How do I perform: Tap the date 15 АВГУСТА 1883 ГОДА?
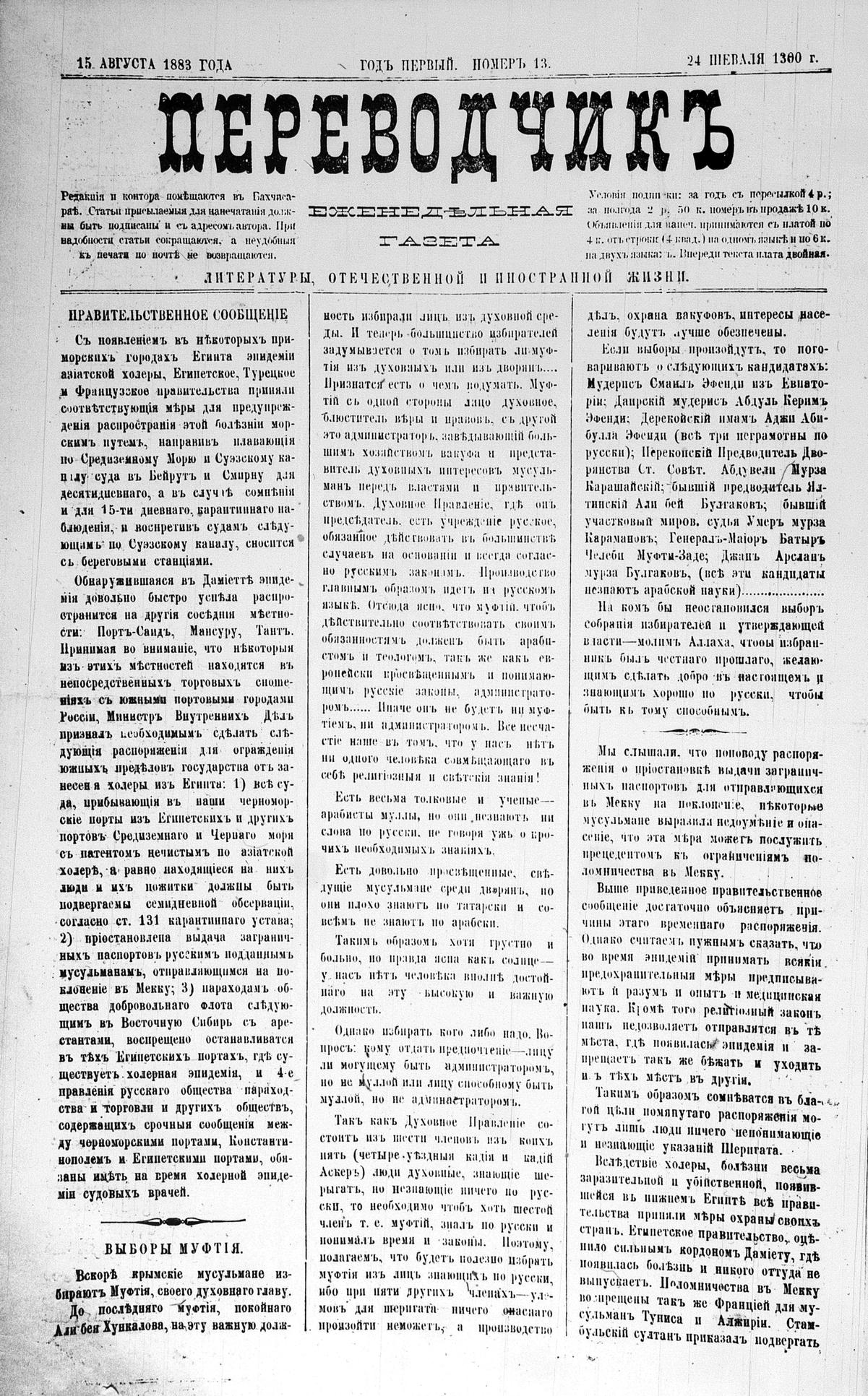tap(154, 64)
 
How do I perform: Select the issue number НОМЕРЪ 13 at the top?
tap(512, 64)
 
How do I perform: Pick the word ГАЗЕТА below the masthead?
tap(440, 240)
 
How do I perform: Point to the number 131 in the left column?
tap(153, 921)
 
